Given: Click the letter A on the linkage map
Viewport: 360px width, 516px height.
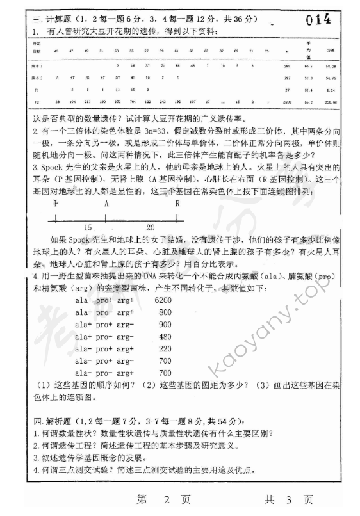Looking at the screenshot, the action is [x=106, y=204].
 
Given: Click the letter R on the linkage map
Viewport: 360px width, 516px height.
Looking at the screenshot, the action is [x=177, y=204].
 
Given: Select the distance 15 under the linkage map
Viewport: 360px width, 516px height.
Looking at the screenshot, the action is [x=88, y=227].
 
